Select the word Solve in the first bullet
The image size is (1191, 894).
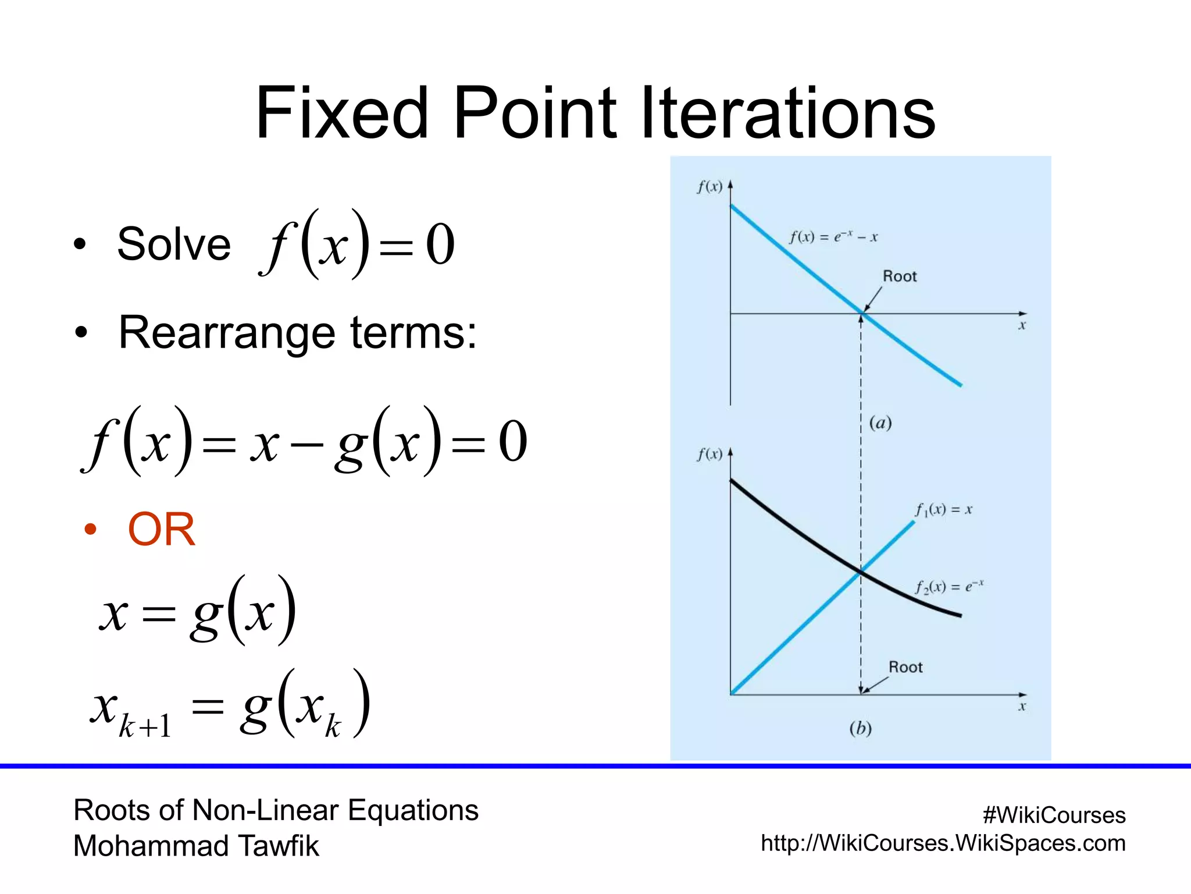click(x=174, y=244)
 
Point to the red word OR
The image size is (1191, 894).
click(x=161, y=530)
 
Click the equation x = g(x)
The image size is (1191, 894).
click(x=198, y=611)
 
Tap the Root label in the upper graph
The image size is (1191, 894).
click(x=899, y=276)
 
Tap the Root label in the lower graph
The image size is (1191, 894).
click(x=905, y=667)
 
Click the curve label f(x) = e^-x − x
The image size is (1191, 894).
click(x=833, y=237)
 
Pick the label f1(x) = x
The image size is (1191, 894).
click(x=943, y=510)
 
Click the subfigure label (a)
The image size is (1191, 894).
click(x=880, y=423)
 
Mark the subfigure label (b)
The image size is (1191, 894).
click(x=860, y=728)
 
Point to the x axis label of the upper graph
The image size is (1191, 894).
click(x=1022, y=326)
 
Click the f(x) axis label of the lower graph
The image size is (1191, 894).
click(x=709, y=454)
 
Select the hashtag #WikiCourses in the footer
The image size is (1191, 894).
click(x=1054, y=815)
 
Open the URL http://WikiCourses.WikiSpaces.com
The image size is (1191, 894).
click(x=943, y=843)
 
